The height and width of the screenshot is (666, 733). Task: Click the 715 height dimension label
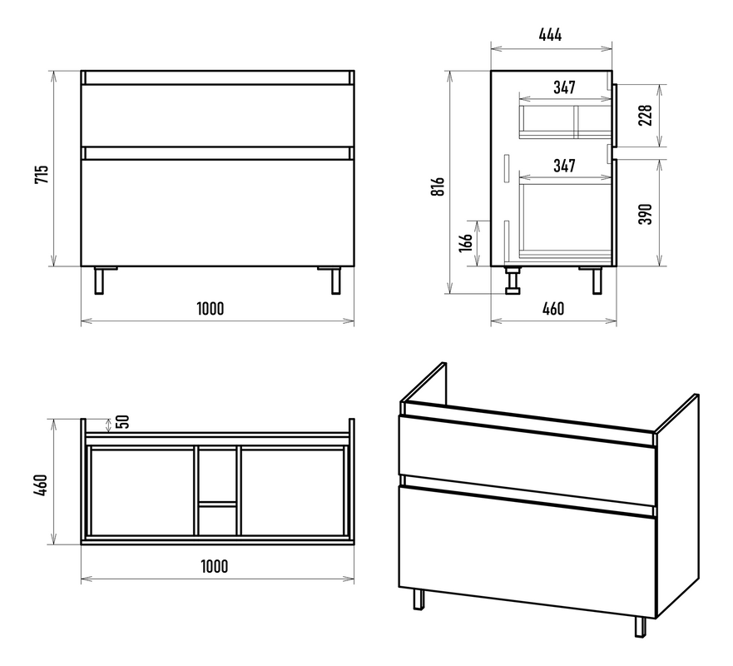click(x=42, y=174)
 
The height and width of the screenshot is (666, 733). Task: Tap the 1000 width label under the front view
click(x=210, y=309)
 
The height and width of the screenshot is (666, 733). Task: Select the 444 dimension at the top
click(x=550, y=35)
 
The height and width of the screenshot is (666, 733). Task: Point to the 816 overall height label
click(x=438, y=186)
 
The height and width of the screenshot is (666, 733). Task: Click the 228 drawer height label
click(x=645, y=115)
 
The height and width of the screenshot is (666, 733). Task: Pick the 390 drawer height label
click(x=645, y=214)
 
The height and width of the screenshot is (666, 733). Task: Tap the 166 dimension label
click(x=466, y=243)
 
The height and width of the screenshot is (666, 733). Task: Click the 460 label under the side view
click(x=553, y=309)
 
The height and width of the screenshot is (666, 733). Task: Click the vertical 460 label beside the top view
click(x=41, y=485)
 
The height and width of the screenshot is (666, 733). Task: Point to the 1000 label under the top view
click(x=215, y=566)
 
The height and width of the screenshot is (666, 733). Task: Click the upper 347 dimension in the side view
click(x=564, y=87)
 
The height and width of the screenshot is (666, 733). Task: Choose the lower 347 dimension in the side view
click(x=564, y=166)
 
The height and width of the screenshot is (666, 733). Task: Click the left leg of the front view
click(x=99, y=281)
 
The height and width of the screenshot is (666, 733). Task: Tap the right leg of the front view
click(x=335, y=281)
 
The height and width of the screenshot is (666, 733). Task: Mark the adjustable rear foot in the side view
click(x=513, y=281)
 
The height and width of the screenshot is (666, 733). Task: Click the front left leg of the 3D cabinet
click(x=419, y=599)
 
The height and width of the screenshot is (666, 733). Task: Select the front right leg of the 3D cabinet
click(x=641, y=627)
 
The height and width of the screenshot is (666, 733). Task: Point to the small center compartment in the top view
click(x=217, y=519)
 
